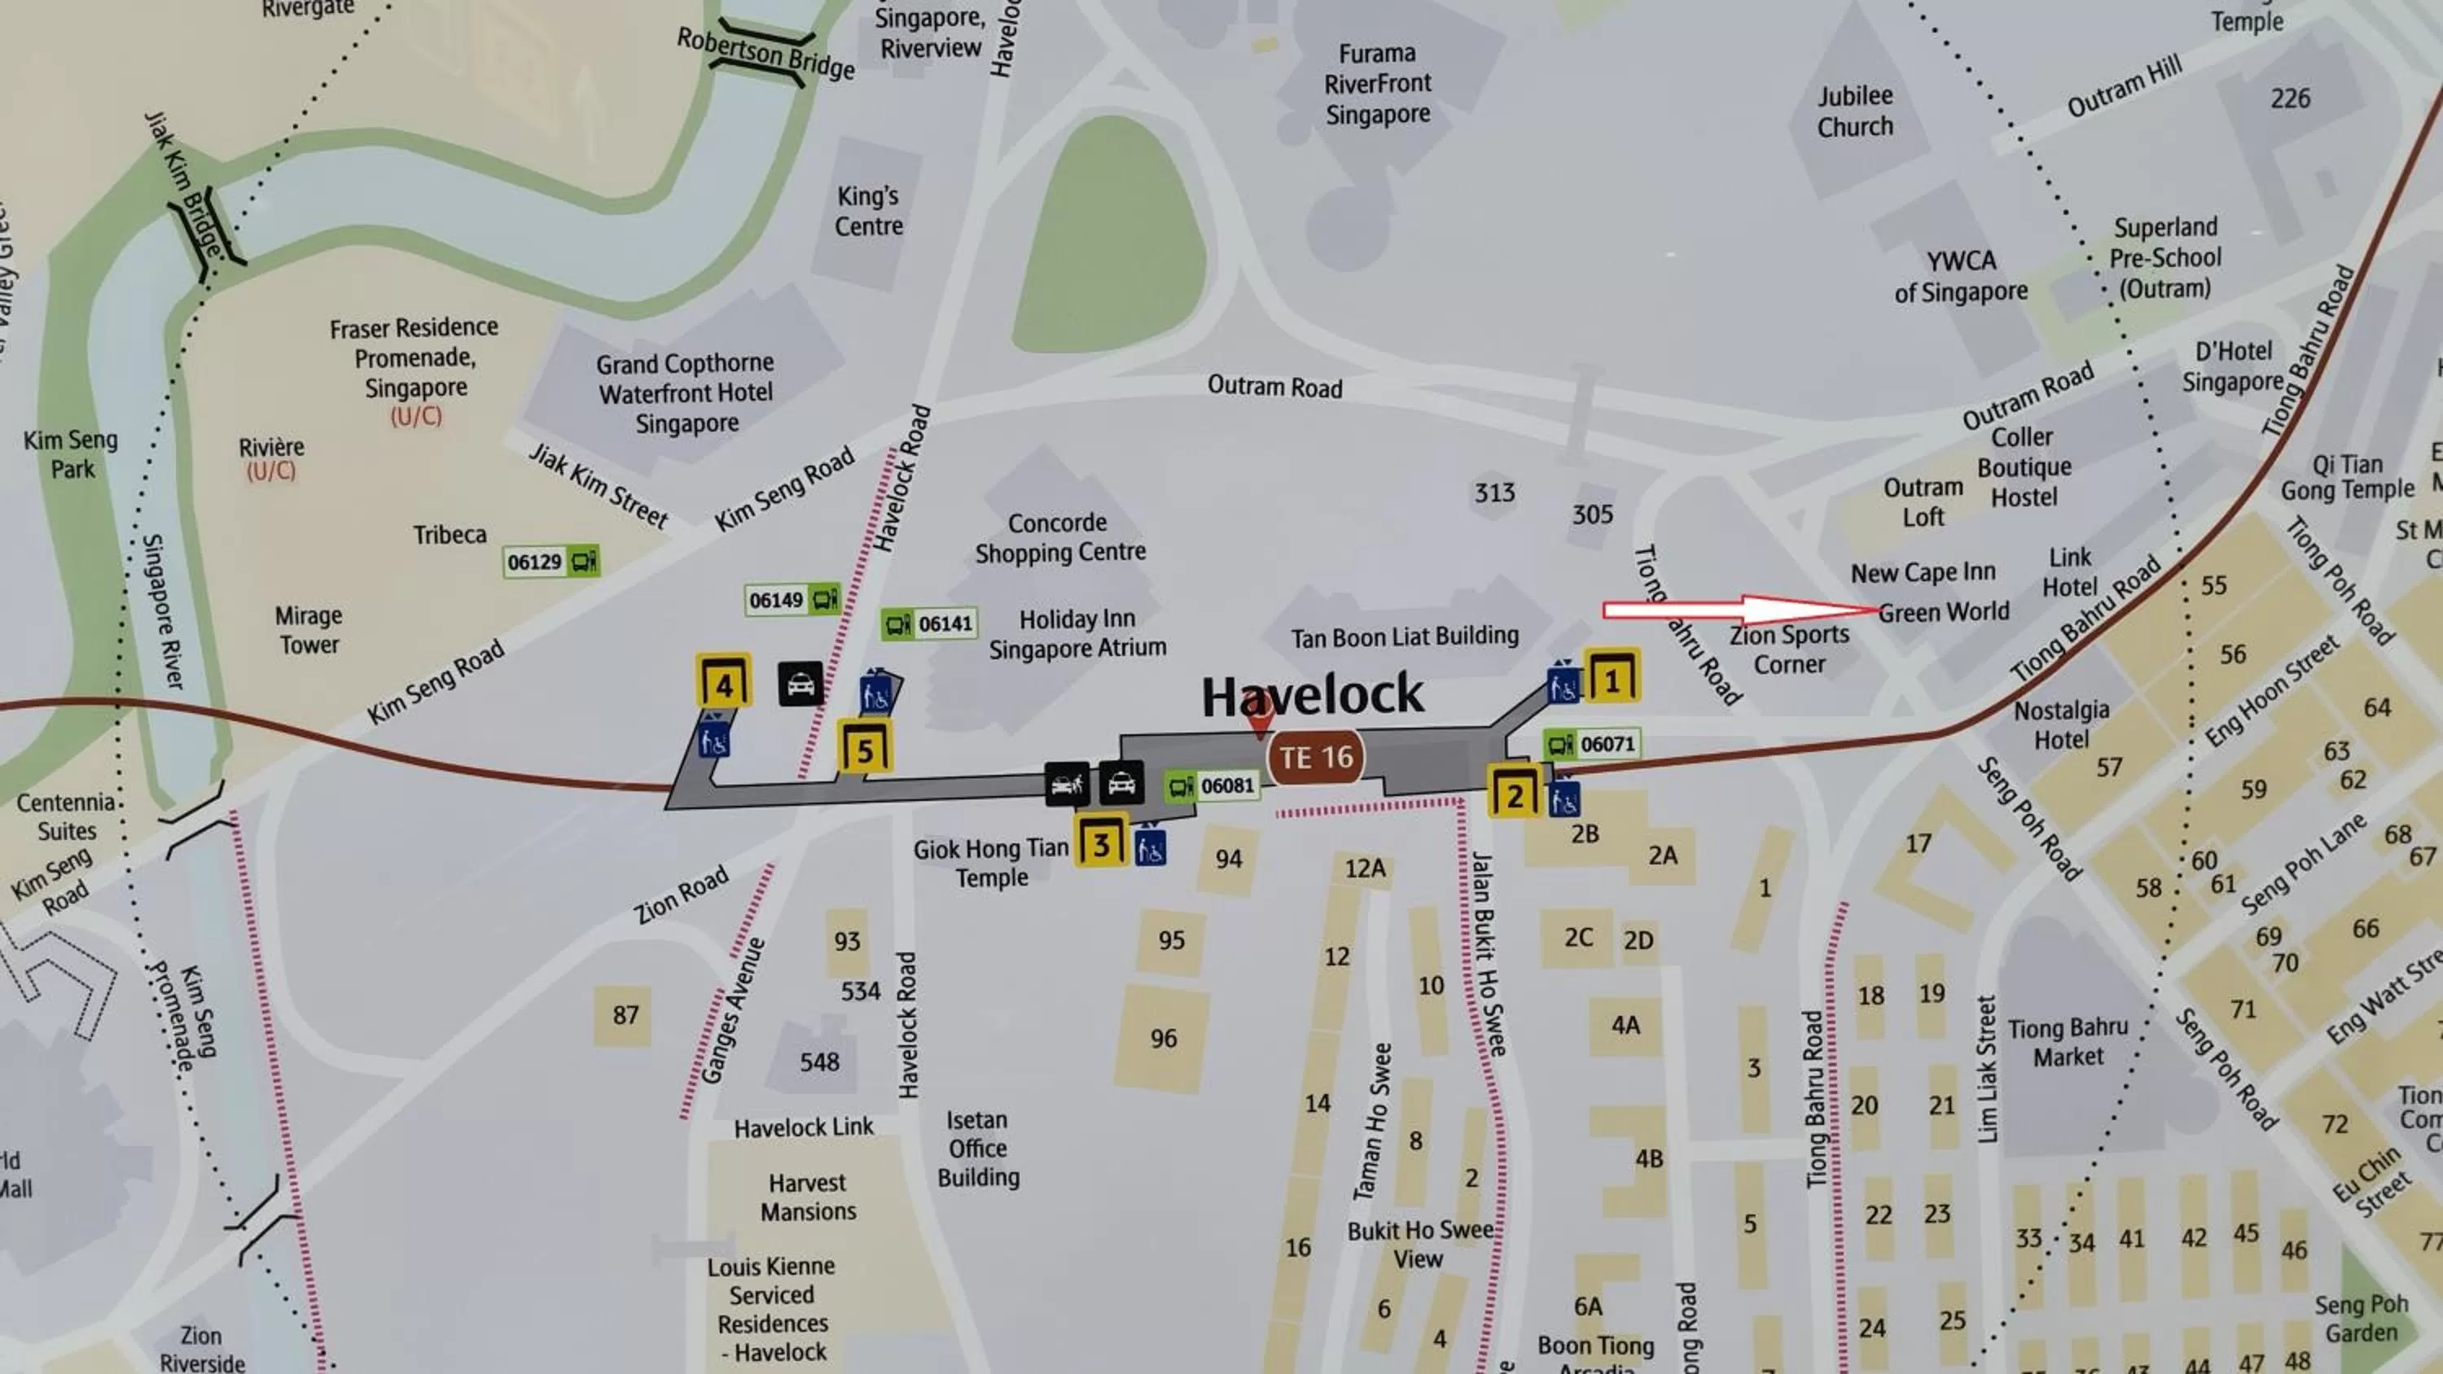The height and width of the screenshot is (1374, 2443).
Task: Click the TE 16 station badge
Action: point(1315,757)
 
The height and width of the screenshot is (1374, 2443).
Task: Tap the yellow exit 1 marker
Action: point(1612,678)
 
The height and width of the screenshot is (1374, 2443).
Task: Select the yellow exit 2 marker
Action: point(1515,794)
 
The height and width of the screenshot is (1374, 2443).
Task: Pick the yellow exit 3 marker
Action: point(1101,842)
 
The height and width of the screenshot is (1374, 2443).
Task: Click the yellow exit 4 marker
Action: point(724,683)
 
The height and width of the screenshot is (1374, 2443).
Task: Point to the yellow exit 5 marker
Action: point(864,749)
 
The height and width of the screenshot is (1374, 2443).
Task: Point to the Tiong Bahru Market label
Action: point(2068,1042)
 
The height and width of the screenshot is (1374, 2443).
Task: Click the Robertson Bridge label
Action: point(765,53)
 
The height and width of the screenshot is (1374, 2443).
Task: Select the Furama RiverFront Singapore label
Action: point(1377,84)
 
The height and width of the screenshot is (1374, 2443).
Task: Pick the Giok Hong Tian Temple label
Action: point(991,862)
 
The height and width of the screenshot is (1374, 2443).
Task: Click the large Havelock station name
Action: point(1313,695)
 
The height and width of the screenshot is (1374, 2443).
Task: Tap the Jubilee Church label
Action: point(1855,111)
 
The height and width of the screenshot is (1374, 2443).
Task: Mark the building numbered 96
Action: point(1164,1039)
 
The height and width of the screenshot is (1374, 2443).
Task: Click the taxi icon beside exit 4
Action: point(800,684)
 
